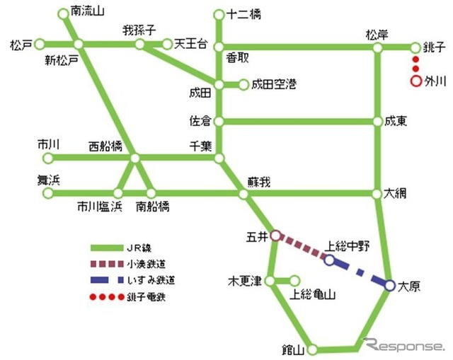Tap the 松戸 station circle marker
40,43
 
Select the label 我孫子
137,31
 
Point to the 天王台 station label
191,44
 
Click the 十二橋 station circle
219,14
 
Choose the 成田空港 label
276,84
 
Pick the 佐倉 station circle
219,122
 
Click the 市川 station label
47,144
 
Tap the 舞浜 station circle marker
47,193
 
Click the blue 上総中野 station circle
330,260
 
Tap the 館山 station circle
312,349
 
